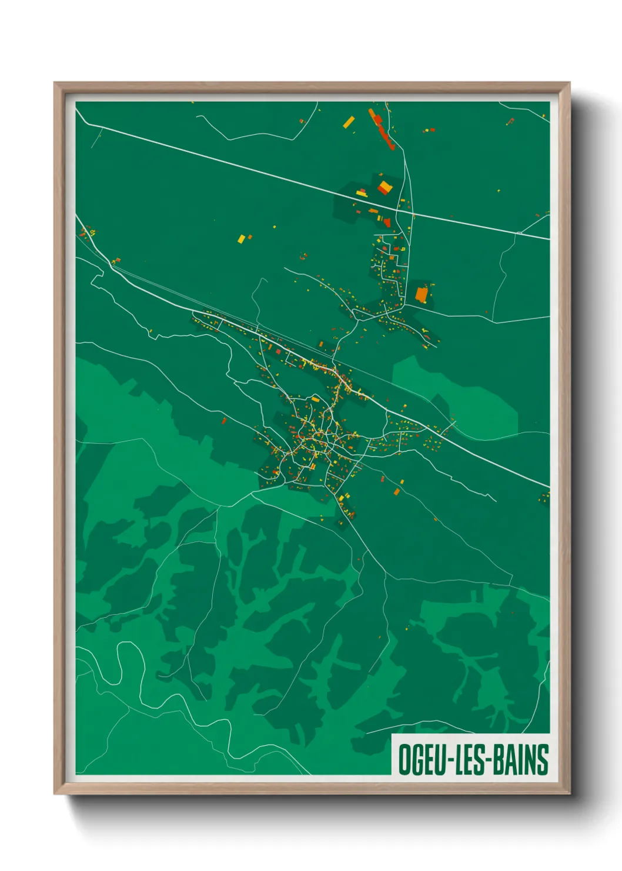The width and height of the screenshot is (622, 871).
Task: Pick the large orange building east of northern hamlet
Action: [422, 294]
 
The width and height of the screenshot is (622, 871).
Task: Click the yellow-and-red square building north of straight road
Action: [384, 188]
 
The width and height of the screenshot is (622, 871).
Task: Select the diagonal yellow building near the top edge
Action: [349, 122]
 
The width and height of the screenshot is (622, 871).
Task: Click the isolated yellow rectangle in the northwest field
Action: [241, 239]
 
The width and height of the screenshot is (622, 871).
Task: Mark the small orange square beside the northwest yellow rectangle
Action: [250, 237]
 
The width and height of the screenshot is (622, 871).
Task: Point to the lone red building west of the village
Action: [223, 420]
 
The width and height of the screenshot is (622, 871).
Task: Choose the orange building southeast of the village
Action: [396, 491]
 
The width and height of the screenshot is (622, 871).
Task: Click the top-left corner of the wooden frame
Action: [55, 84]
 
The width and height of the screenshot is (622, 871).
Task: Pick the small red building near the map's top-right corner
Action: [510, 121]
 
